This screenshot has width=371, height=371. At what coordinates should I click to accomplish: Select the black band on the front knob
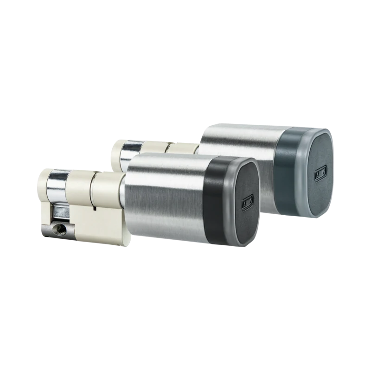(214, 199)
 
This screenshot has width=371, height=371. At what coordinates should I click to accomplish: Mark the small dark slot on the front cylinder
(95, 209)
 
